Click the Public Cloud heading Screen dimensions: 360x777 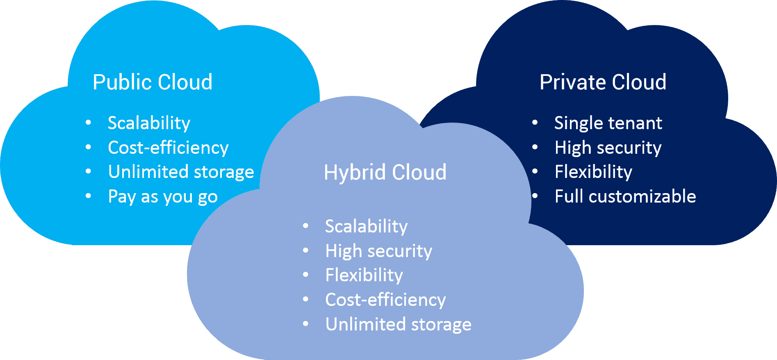coord(153,82)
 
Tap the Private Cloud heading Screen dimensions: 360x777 coord(603,82)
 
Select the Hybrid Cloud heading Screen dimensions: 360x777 coord(385,172)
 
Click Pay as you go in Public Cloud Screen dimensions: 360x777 coord(163,197)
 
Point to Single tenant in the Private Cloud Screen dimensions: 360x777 coord(608,123)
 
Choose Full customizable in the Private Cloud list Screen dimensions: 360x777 coord(625,196)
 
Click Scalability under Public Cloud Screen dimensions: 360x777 coord(149,123)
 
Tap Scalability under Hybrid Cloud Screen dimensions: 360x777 coord(366,226)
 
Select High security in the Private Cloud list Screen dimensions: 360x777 coord(608,148)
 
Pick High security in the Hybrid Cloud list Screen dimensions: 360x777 coord(378,251)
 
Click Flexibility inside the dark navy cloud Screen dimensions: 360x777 coord(593,172)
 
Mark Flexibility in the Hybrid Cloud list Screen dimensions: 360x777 coord(364,275)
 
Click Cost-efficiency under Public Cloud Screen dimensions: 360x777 coord(168,148)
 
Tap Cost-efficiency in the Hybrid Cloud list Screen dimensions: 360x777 coord(385,300)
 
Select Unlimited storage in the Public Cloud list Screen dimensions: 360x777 coord(181,172)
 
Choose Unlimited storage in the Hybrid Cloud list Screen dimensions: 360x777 coord(398,324)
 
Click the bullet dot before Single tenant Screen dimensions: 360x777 coord(535,123)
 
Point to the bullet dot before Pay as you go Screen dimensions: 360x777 coord(88,196)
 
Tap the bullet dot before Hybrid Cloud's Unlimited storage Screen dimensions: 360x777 coord(305,324)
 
